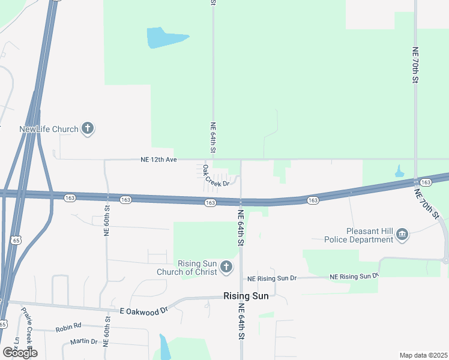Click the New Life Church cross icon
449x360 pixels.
tap(88, 128)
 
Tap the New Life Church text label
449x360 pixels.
tap(49, 129)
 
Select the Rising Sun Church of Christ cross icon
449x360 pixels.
tap(226, 266)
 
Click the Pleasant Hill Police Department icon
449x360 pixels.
tap(403, 235)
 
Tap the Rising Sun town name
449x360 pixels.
tap(246, 296)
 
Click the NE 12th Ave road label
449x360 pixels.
tap(158, 160)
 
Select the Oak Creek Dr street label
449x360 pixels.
tap(216, 176)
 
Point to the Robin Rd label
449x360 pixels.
tap(68, 327)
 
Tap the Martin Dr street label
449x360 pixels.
tap(83, 341)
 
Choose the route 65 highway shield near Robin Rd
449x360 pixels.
tap(3, 324)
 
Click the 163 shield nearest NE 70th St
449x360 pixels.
tap(426, 182)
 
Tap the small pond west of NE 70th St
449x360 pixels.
tap(399, 172)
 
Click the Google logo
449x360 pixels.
tap(20, 353)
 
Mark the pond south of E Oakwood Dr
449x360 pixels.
tap(163, 346)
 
